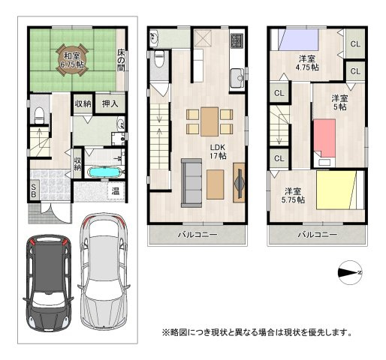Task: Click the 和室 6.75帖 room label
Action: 71,60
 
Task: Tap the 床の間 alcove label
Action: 121,60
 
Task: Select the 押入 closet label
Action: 110,103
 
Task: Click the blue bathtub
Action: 104,172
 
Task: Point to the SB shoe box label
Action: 34,190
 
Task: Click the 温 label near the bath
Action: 116,191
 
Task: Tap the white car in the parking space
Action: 104,271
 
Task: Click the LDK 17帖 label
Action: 218,151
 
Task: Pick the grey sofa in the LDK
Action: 191,183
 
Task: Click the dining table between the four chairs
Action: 210,121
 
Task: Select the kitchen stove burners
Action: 237,41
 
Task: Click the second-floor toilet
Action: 158,59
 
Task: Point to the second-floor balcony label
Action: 198,235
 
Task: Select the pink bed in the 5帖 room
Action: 324,138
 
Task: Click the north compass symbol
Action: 350,272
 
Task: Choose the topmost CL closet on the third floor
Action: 355,44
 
